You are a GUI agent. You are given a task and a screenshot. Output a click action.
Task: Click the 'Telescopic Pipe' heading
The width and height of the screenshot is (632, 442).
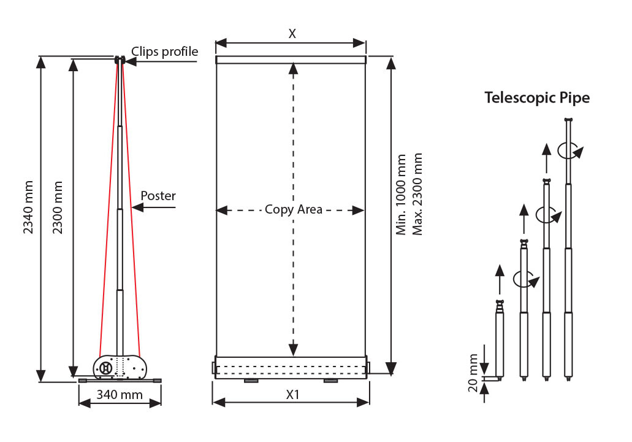coord(537,98)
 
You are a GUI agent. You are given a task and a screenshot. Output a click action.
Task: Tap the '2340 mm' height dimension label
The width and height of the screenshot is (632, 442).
coord(28,207)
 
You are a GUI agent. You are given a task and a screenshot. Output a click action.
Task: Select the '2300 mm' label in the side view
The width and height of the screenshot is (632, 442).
coord(58,207)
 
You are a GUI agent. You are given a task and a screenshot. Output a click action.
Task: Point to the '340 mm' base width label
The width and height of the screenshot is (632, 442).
coord(120,394)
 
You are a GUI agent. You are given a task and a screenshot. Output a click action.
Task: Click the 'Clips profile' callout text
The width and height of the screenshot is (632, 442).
coord(164,52)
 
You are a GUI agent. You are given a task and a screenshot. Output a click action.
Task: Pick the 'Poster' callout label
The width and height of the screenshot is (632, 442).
coord(158,196)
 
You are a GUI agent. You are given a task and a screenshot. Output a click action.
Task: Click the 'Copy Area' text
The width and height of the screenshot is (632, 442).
coord(294,209)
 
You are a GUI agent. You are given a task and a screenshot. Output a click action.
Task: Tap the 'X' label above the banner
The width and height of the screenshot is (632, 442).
coord(292,34)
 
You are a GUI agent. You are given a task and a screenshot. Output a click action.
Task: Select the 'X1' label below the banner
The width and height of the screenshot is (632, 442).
coord(292,394)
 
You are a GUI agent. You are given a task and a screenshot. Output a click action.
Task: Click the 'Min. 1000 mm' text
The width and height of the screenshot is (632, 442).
coord(401,194)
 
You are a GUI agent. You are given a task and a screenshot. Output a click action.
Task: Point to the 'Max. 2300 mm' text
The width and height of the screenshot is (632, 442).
coord(417,194)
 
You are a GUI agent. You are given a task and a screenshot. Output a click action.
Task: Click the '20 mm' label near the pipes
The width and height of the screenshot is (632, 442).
coord(473,373)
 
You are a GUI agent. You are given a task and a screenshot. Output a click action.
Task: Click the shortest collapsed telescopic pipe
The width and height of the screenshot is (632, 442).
coord(500,339)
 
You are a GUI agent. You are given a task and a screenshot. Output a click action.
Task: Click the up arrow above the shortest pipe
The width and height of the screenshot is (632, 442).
coord(500,279)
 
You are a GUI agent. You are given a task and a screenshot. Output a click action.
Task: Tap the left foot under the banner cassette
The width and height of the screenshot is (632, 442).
coord(251,381)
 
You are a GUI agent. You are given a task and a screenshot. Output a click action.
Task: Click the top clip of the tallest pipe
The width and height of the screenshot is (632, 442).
coord(568,120)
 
